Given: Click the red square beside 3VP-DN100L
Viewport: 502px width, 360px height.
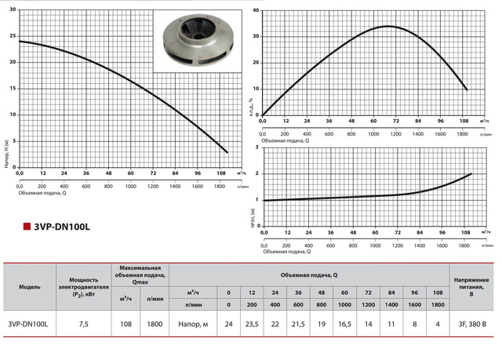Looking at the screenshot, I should [26, 227].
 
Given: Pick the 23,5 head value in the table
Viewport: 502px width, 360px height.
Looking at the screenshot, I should [249, 323].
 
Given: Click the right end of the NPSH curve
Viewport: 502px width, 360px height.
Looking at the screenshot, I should [471, 173].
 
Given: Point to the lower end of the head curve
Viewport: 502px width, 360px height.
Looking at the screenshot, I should [227, 152].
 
